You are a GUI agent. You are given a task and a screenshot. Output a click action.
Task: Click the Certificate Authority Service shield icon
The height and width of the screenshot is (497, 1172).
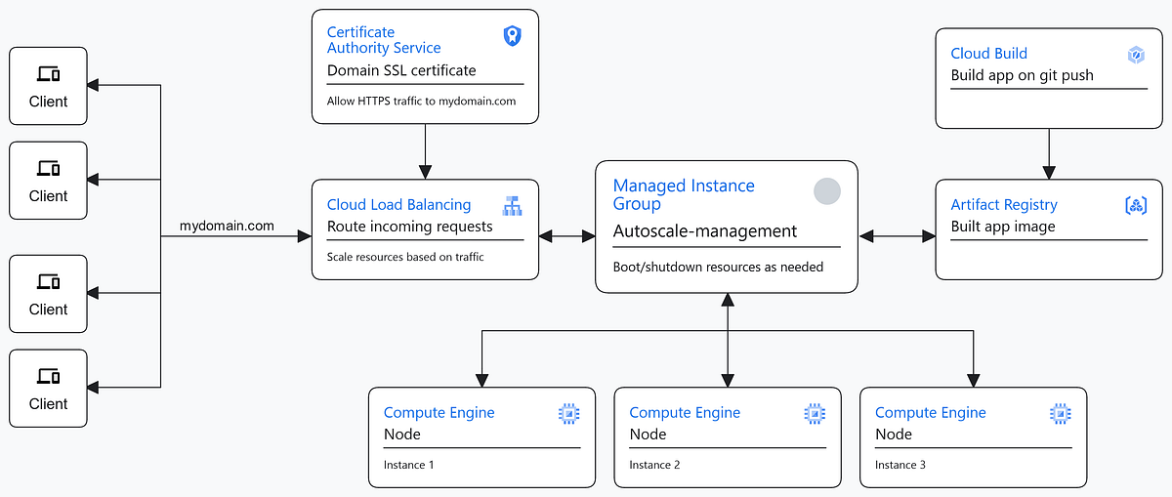(512, 36)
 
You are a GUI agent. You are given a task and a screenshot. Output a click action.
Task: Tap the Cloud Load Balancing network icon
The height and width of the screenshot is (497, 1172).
(512, 206)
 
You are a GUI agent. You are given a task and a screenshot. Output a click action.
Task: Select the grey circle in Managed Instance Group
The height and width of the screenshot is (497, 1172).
(827, 191)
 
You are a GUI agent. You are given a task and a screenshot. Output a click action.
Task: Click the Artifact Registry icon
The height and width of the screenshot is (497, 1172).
(1136, 205)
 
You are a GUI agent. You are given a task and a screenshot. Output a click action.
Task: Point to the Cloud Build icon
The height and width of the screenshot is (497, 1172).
(1136, 56)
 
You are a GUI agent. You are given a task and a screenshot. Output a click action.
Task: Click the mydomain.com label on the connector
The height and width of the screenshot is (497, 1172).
(227, 227)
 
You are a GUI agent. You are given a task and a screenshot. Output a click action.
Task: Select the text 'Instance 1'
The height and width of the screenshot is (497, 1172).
(409, 465)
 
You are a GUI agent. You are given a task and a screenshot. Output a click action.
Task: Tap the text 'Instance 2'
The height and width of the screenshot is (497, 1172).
(654, 465)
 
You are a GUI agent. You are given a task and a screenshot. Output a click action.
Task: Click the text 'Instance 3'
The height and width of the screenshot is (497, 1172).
(900, 465)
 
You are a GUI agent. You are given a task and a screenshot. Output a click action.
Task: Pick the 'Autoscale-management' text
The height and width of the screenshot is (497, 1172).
(704, 231)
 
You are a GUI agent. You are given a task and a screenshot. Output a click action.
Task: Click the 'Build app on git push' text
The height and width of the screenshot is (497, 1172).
(1022, 75)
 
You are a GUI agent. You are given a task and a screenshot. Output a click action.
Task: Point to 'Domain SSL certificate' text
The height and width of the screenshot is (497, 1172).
(401, 70)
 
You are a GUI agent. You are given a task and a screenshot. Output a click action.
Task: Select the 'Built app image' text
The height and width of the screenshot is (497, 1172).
(1003, 227)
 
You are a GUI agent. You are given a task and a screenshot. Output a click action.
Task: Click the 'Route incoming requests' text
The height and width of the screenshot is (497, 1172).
(409, 227)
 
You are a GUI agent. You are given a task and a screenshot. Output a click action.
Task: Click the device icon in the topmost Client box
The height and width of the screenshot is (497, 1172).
(48, 74)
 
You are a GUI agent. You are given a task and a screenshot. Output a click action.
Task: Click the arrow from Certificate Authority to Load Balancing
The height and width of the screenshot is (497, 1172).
(426, 151)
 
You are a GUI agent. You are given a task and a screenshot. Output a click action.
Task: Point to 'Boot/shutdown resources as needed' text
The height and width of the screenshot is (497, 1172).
(718, 267)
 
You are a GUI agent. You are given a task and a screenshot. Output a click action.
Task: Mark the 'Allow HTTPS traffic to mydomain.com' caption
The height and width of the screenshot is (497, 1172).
(421, 102)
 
